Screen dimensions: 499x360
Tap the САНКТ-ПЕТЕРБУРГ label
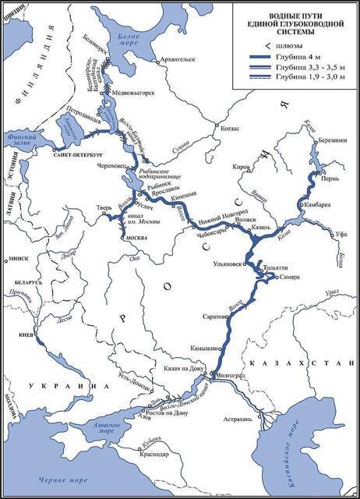click(x=75, y=156)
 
